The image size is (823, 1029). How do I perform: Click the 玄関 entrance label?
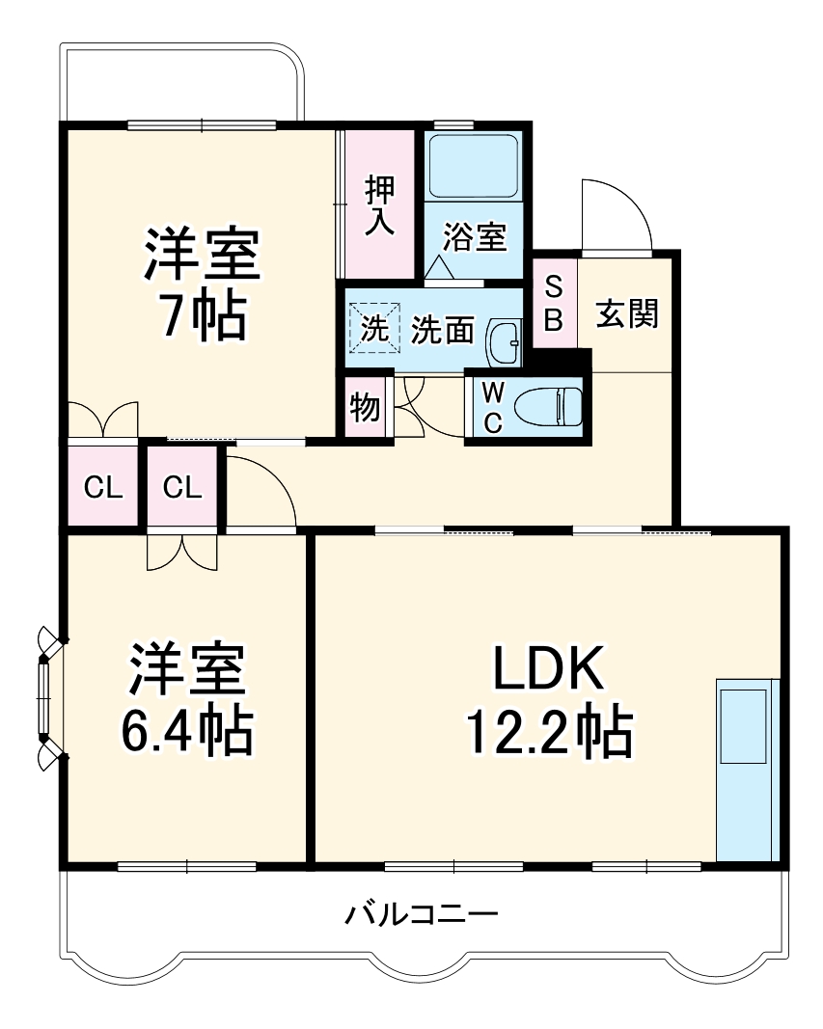(626, 313)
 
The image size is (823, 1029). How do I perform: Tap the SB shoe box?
(554, 304)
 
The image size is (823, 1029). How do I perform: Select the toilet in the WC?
(550, 406)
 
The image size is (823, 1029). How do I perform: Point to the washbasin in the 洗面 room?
(504, 341)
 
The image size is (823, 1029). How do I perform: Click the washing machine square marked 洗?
(373, 328)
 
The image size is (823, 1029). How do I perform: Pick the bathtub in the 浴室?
(473, 166)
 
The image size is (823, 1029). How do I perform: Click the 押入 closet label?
(379, 205)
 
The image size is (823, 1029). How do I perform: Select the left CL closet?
(102, 487)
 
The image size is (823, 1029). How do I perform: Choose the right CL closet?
(182, 487)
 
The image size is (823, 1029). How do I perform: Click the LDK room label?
(548, 668)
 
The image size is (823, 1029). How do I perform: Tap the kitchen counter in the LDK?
(748, 769)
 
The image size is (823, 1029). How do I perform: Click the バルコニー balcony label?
(422, 912)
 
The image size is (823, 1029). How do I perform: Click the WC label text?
(492, 406)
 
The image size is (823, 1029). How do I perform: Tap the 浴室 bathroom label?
(475, 236)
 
